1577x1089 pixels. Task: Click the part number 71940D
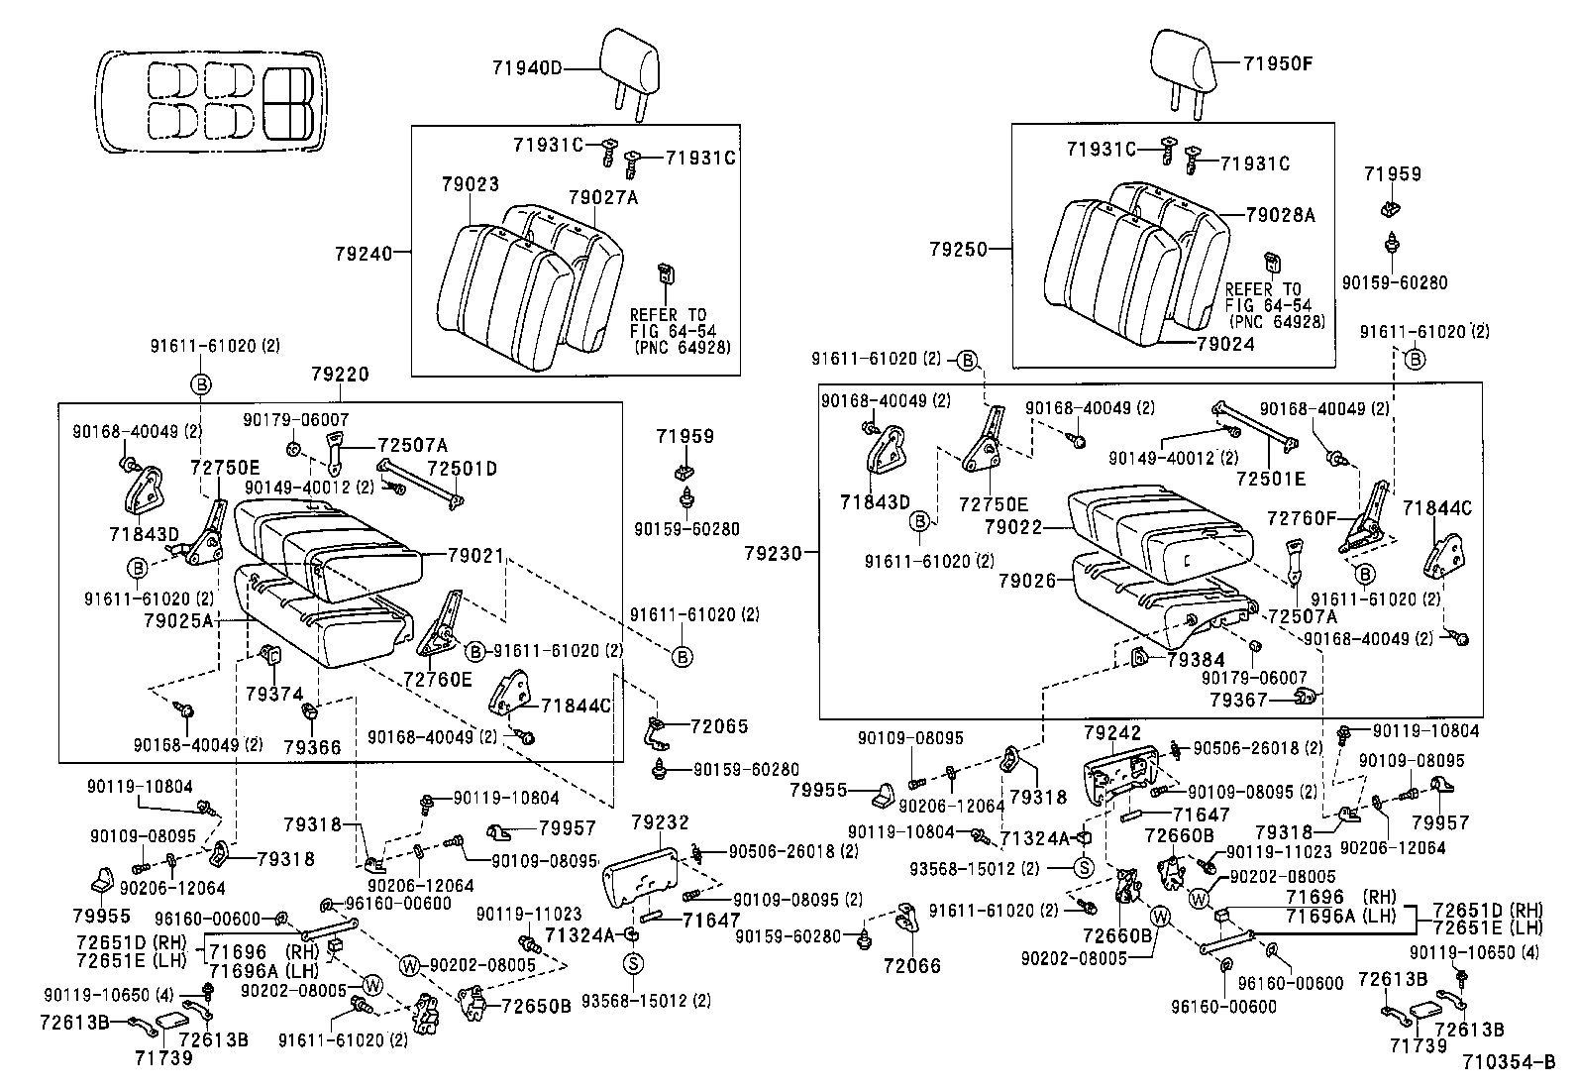[x=526, y=67]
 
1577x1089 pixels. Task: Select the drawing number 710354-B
[x=1508, y=1064]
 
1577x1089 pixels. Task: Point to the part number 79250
[x=958, y=249]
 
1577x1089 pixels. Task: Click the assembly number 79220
[x=340, y=375]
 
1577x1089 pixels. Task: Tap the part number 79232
[x=660, y=822]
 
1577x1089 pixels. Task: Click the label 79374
[x=274, y=695]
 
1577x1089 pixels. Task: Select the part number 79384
[x=1196, y=659]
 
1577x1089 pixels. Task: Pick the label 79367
[x=1238, y=700]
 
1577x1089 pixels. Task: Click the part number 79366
[x=312, y=746]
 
